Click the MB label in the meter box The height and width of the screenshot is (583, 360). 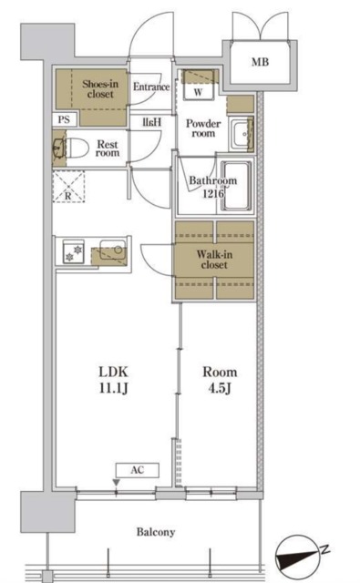(260, 62)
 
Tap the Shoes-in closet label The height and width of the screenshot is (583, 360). (100, 89)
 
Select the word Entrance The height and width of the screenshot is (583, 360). (151, 87)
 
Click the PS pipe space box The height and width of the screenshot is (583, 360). (64, 119)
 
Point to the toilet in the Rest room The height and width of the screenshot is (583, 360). (77, 148)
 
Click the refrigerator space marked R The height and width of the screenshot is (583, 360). (68, 186)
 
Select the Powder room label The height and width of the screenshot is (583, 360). (203, 128)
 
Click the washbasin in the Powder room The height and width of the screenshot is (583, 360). (241, 134)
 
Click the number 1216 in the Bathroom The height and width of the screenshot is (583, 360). (213, 193)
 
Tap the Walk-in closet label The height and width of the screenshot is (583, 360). (214, 260)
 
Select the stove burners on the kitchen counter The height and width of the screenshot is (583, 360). (74, 252)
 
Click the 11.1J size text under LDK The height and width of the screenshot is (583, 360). (113, 388)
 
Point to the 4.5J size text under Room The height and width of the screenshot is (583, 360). (220, 388)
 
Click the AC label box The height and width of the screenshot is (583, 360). (138, 470)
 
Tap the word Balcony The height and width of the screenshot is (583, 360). (156, 532)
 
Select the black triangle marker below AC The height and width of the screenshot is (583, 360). (117, 482)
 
